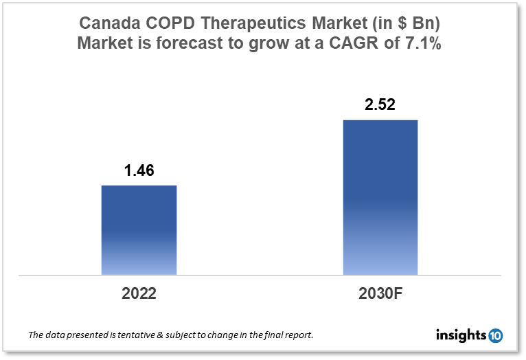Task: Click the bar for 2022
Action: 139,230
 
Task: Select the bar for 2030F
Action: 380,198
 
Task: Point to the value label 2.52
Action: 380,106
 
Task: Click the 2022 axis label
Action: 139,293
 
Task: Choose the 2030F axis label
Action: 380,293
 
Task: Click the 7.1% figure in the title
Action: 428,44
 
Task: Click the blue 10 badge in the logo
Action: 496,335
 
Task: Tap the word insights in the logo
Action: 461,335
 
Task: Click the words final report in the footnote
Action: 288,336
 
